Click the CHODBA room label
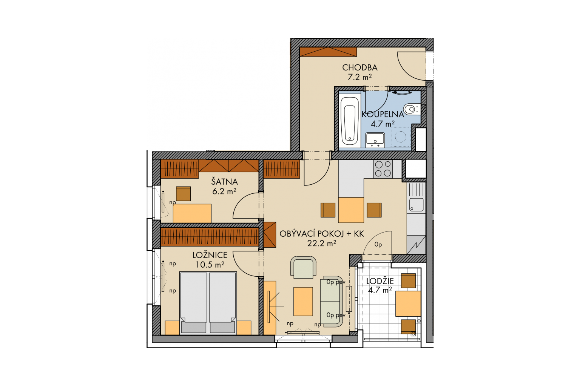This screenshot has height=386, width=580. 359,68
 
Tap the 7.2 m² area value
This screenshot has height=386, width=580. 359,77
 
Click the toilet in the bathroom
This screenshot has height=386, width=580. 411,109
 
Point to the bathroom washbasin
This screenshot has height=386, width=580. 375,139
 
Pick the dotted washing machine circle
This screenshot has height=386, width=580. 401,136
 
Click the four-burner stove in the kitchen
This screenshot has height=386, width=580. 383,169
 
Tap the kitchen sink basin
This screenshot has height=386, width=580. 416,205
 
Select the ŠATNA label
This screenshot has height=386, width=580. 224,181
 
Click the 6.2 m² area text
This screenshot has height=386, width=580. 224,191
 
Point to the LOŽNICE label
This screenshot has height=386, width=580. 210,255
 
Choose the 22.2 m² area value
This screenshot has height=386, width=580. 322,243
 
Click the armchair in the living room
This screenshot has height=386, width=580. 303,267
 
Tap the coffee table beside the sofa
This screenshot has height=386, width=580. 303,302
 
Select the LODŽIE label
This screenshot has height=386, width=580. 380,281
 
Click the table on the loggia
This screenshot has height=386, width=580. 408,303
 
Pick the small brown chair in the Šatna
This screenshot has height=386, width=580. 183,194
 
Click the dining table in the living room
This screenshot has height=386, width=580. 351,210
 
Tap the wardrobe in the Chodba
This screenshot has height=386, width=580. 328,52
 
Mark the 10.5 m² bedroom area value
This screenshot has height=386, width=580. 210,265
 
